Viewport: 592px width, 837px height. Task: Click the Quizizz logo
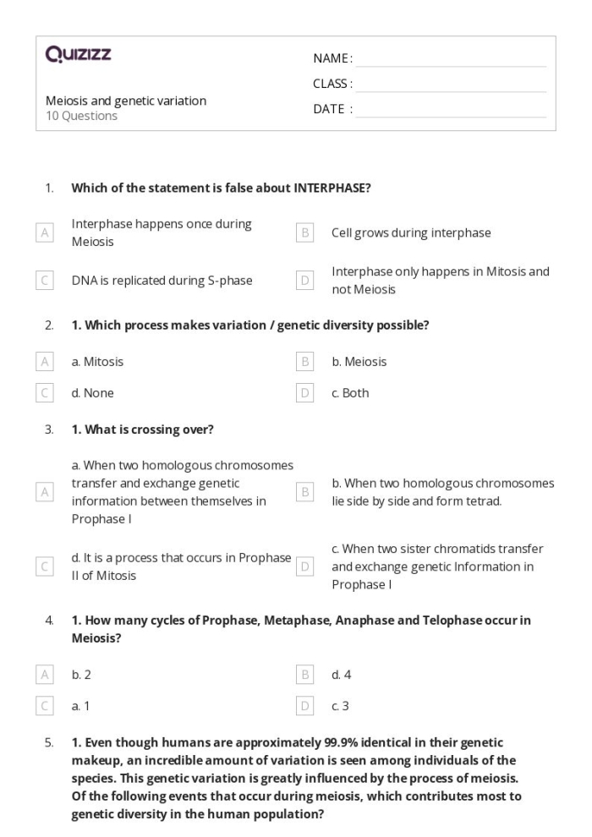[79, 55]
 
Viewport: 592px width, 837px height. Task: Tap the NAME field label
[332, 58]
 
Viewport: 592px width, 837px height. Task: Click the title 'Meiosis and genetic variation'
[126, 101]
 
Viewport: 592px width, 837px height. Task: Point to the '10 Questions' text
[81, 116]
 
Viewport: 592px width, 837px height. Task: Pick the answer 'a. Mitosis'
[97, 362]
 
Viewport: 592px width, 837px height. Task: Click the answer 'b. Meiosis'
[359, 362]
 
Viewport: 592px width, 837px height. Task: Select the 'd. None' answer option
[92, 393]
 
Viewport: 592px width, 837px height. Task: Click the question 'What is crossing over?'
[149, 429]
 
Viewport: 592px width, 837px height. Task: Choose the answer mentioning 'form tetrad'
[442, 491]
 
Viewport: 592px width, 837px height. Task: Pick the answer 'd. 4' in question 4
[343, 674]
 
